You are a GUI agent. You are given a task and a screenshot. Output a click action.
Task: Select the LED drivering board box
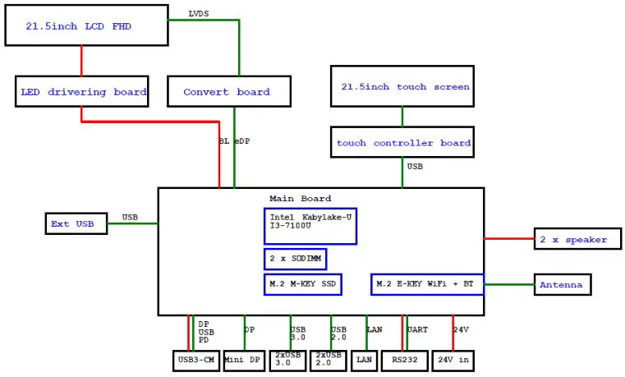pyautogui.click(x=81, y=92)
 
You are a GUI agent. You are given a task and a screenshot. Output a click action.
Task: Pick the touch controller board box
pyautogui.click(x=402, y=143)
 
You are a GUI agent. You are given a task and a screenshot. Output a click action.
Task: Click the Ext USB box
pyautogui.click(x=76, y=223)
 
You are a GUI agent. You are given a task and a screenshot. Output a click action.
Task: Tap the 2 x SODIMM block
pyautogui.click(x=295, y=260)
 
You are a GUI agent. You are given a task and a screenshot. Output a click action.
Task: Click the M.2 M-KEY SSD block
pyautogui.click(x=302, y=284)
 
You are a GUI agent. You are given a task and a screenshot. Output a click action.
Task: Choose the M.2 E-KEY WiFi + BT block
pyautogui.click(x=427, y=284)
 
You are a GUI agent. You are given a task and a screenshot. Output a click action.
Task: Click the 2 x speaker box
pyautogui.click(x=572, y=240)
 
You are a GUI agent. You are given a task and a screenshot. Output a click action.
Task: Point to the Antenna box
pyautogui.click(x=563, y=285)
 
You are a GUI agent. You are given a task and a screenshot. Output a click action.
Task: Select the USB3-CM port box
pyautogui.click(x=196, y=360)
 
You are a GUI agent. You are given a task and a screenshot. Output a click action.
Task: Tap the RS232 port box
pyautogui.click(x=405, y=360)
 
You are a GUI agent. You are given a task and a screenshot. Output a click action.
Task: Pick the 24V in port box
pyautogui.click(x=454, y=360)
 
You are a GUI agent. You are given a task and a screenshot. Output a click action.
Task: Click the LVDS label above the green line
pyautogui.click(x=198, y=13)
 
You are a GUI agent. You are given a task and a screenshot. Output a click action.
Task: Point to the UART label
pyautogui.click(x=417, y=329)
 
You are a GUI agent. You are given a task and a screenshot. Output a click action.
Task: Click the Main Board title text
pyautogui.click(x=300, y=198)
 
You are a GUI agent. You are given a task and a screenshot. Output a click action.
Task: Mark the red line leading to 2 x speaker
pyautogui.click(x=508, y=239)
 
